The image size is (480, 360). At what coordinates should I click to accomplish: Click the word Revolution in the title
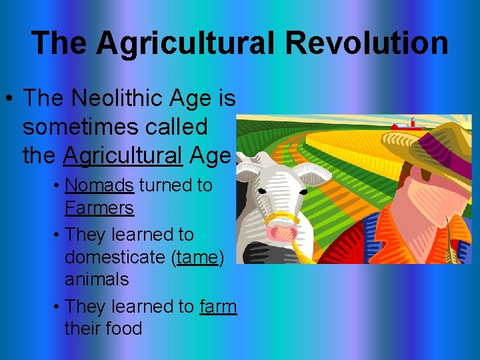(367, 43)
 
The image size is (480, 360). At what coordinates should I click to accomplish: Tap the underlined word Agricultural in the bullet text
(123, 155)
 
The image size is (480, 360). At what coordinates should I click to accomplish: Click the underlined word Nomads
(99, 185)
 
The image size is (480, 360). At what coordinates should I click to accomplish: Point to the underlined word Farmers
(99, 208)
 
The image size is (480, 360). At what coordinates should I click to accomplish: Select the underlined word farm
(218, 306)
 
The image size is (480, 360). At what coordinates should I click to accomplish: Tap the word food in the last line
(124, 329)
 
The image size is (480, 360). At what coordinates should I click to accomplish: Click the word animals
(97, 279)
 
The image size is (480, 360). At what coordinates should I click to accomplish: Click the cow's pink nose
(281, 232)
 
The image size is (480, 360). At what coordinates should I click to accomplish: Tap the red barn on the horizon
(403, 125)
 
